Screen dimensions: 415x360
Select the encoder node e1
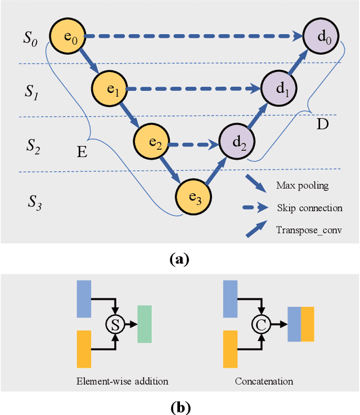(111, 89)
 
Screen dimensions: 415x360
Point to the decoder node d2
(236, 143)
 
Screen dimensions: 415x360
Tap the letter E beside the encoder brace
(82, 151)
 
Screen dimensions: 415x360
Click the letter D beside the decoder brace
(322, 124)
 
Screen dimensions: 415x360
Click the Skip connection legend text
(309, 208)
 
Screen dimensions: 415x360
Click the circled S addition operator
(115, 324)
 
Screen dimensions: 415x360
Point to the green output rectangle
(145, 324)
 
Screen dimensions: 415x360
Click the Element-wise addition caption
(122, 381)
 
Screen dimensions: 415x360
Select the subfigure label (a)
(179, 260)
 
